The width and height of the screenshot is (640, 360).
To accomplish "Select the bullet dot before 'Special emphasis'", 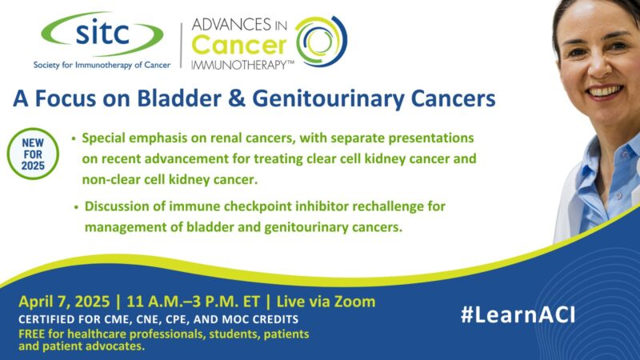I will pyautogui.click(x=74, y=139).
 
